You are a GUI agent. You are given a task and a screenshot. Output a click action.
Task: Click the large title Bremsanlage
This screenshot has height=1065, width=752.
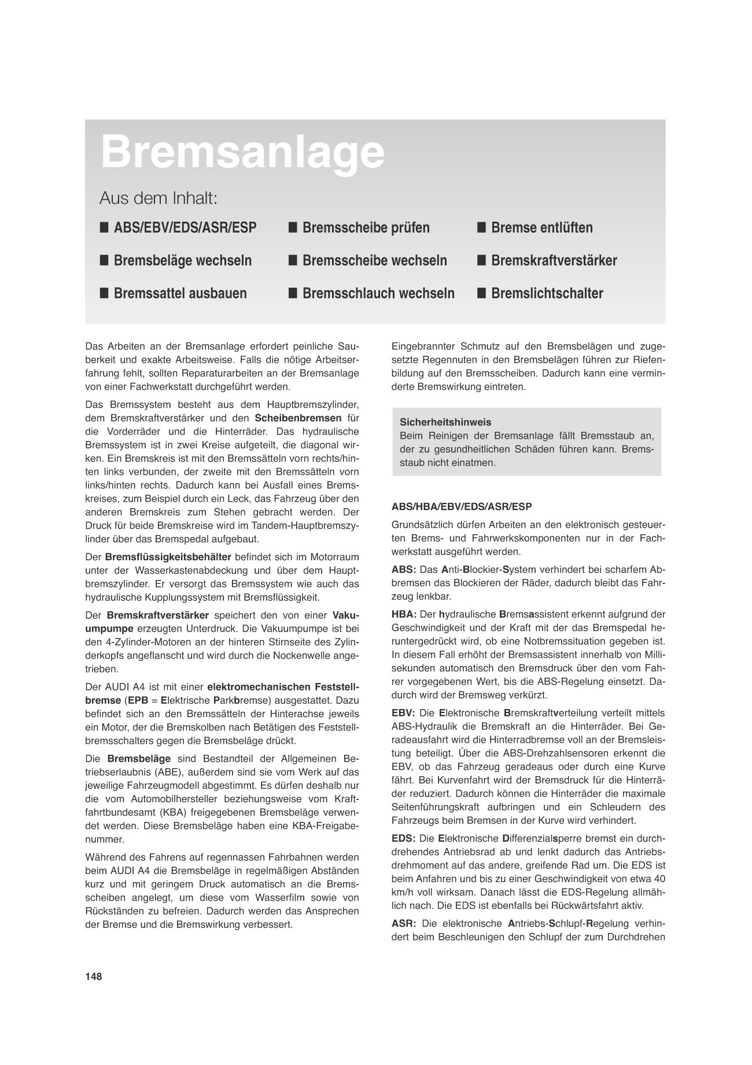(x=242, y=152)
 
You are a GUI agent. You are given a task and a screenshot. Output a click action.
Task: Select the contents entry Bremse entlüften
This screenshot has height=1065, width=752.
(x=541, y=227)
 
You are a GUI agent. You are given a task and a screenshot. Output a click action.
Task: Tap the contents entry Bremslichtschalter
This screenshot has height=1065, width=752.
(x=547, y=293)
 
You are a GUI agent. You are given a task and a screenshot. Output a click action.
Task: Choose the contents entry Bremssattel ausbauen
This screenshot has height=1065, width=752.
(x=180, y=293)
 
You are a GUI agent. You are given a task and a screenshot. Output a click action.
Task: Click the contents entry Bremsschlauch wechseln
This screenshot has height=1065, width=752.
(x=378, y=293)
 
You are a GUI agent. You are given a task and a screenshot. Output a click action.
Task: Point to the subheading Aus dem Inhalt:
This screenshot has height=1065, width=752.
(x=158, y=199)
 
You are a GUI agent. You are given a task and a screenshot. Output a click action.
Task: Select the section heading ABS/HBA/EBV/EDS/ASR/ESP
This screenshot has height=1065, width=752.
(x=462, y=506)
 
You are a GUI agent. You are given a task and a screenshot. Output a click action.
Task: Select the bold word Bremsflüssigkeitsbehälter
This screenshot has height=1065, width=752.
(x=168, y=557)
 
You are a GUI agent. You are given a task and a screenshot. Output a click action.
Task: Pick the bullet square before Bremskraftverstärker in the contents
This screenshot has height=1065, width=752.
(x=481, y=260)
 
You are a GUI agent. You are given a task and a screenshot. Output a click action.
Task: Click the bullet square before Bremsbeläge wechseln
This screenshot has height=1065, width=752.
(x=104, y=260)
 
